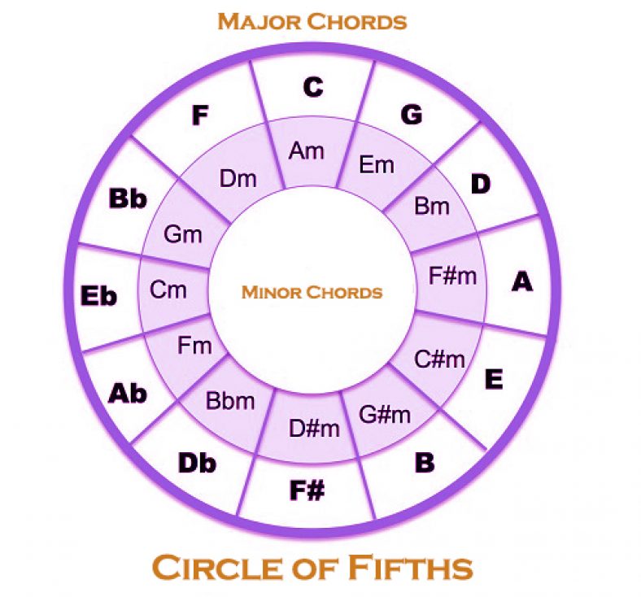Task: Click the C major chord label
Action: (x=313, y=88)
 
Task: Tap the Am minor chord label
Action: (x=306, y=150)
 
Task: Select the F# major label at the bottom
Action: (x=307, y=490)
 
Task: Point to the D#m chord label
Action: (x=314, y=429)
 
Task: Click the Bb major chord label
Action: (x=128, y=198)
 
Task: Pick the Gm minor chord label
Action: (x=183, y=234)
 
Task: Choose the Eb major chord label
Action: (x=98, y=296)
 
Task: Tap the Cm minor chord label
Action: (x=168, y=290)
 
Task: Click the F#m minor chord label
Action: (x=452, y=276)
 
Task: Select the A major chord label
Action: (x=522, y=281)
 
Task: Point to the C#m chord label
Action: (x=439, y=360)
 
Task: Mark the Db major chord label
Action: (x=197, y=464)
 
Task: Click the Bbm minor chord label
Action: (x=230, y=400)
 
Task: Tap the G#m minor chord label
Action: (x=385, y=414)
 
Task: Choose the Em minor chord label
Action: (x=377, y=165)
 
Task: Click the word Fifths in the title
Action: (x=411, y=567)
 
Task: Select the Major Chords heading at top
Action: (x=312, y=22)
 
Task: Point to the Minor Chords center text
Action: (x=312, y=292)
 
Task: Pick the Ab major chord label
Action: (x=127, y=394)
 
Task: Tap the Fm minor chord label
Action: (x=194, y=346)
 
